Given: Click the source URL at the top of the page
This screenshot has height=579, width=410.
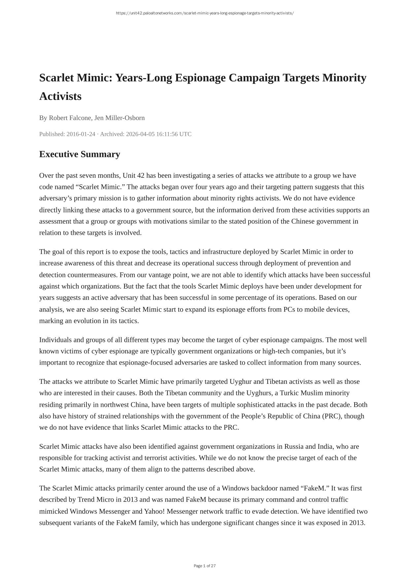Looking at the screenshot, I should pyautogui.click(x=205, y=13).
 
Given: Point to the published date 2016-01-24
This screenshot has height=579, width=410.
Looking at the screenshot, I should pyautogui.click(x=81, y=134).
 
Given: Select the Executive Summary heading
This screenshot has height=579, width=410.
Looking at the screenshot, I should pyautogui.click(x=80, y=154).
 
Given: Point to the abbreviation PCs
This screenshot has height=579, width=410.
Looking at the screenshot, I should pyautogui.click(x=289, y=309).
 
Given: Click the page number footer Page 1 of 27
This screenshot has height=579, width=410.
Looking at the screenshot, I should pyautogui.click(x=205, y=566).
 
